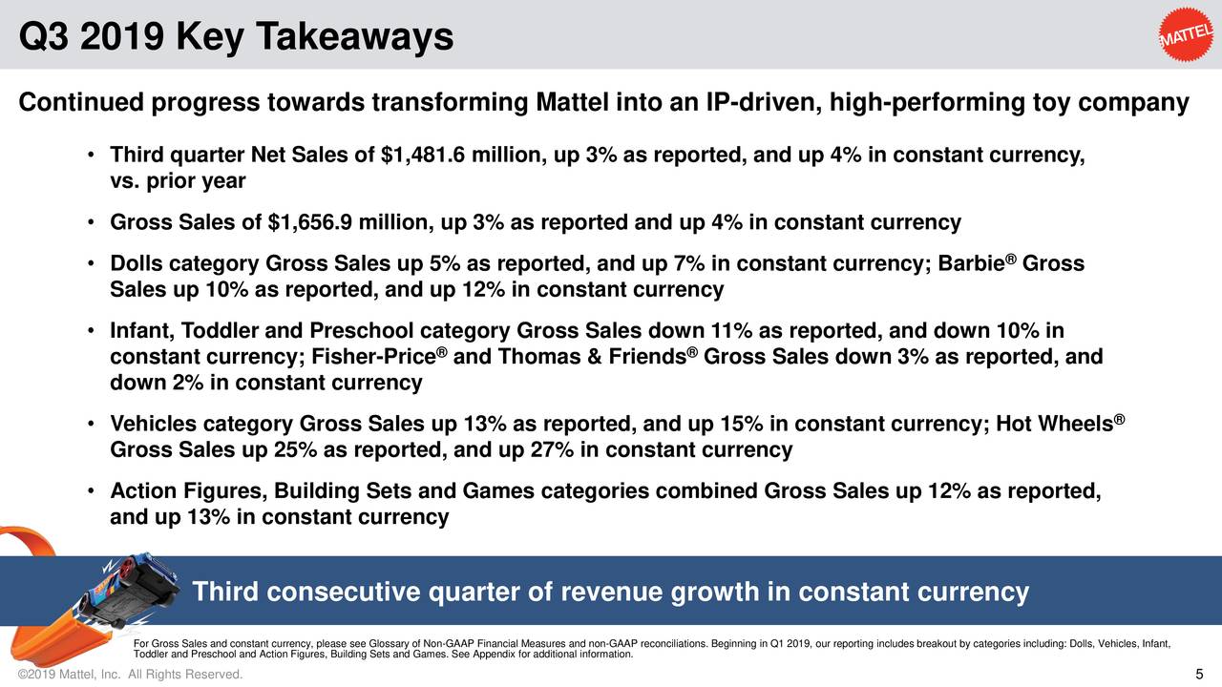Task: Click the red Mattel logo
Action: (x=1187, y=36)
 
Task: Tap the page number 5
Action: (x=1199, y=677)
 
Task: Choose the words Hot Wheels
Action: (x=1055, y=425)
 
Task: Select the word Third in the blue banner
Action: (x=225, y=593)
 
